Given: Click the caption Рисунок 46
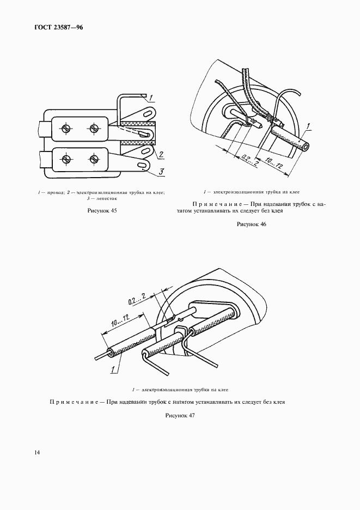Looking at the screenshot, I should (251, 224).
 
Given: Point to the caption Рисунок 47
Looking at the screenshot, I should (180, 415).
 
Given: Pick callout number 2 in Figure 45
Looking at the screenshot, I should (162, 155).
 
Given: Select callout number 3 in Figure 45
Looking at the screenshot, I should (162, 173).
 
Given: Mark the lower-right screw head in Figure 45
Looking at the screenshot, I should (93, 159).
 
